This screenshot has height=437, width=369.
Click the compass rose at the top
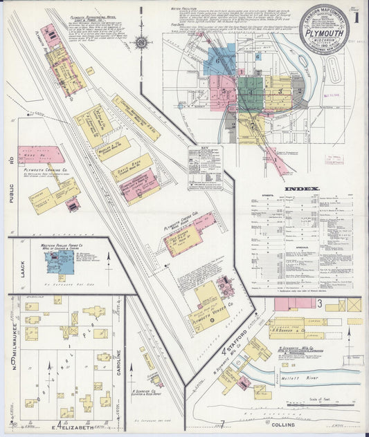point(141,42)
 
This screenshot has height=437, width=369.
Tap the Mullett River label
point(297,379)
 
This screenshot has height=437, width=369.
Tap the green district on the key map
point(251,89)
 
